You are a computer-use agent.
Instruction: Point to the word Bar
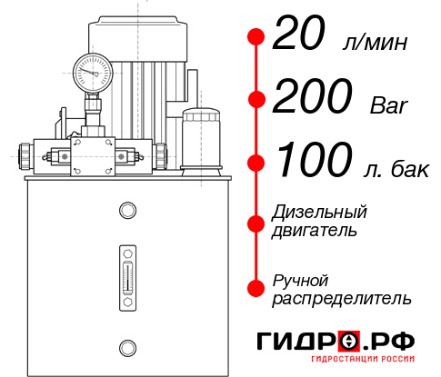389,105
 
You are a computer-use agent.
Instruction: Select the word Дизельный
319,212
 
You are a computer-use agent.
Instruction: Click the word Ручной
301,279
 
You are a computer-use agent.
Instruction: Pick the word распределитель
342,297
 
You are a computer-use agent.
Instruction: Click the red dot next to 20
256,37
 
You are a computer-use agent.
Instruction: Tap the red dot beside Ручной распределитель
256,288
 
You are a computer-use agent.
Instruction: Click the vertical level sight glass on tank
126,275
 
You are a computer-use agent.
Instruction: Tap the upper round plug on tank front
126,212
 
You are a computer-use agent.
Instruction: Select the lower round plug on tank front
126,346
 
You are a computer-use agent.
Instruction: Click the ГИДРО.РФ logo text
336,342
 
